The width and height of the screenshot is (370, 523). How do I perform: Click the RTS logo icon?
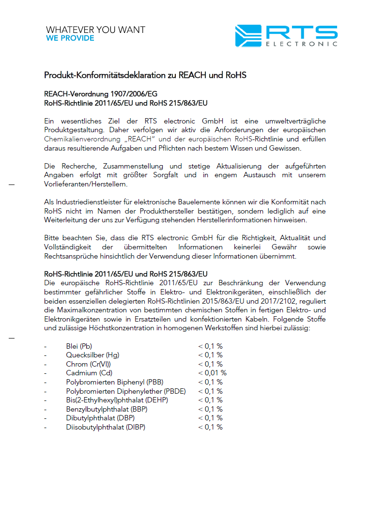click(248, 36)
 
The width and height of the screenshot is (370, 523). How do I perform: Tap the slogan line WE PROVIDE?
click(70, 38)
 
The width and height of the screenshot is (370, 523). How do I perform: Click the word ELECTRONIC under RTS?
click(301, 44)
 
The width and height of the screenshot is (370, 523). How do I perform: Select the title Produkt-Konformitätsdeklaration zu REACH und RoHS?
click(145, 76)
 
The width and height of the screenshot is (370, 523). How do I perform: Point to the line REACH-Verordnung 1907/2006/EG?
click(101, 94)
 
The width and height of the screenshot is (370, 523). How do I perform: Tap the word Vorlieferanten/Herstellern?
click(86, 184)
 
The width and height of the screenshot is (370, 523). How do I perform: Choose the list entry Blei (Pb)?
click(79, 346)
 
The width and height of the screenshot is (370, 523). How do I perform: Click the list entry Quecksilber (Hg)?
click(92, 355)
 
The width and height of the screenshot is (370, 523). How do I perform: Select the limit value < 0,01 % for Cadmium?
click(212, 373)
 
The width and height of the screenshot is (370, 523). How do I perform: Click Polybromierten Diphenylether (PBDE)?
click(126, 391)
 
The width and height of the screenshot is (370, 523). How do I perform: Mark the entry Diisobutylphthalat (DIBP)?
click(106, 427)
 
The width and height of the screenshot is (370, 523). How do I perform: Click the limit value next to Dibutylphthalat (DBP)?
click(210, 418)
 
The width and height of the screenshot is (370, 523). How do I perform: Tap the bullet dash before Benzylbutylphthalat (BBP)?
click(45, 409)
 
